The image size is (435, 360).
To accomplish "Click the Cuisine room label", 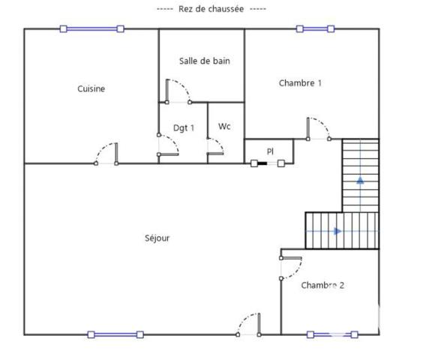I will tap(91, 88).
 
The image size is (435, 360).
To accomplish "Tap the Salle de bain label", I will tap(204, 61).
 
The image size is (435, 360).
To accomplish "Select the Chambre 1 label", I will tap(300, 82).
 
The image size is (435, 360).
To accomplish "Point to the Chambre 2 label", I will tap(322, 285).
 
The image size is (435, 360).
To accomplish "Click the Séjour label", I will tap(157, 238).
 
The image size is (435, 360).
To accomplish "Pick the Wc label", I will tap(224, 127).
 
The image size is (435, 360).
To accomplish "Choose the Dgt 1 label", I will tap(184, 127).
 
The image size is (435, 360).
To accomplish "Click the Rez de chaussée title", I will tap(211, 8).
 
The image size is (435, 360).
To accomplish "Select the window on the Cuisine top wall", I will tap(91, 28).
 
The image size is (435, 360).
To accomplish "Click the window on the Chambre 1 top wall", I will tap(314, 28).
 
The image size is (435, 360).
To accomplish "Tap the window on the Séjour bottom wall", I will tap(115, 334).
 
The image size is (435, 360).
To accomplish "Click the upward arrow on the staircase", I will tap(361, 179).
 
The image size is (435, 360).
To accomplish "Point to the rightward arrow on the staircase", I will tap(337, 231).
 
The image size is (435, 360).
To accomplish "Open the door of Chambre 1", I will tap(319, 128).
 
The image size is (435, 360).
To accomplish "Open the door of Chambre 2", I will tap(290, 268).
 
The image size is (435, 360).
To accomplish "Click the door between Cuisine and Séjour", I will tap(106, 154).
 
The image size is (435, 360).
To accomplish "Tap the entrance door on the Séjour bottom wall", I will tap(247, 324).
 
